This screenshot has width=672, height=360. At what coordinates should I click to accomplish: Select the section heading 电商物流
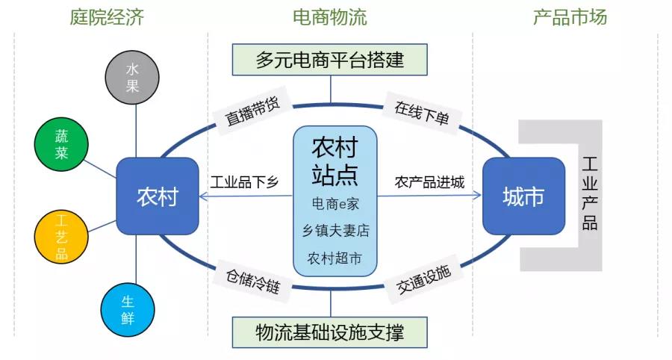329,17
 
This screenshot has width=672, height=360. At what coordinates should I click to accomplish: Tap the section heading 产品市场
570,17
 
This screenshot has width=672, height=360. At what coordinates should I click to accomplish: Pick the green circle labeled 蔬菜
62,143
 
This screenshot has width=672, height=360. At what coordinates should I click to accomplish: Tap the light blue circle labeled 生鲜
128,309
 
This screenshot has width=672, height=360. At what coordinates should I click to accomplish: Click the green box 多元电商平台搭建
329,60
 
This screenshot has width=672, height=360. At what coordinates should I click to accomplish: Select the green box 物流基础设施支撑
329,332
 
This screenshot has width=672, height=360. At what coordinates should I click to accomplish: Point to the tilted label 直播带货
252,112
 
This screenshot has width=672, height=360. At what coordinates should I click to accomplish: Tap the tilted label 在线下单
422,112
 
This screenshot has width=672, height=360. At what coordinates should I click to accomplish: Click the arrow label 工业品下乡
243,182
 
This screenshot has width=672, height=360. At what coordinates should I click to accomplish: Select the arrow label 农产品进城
429,182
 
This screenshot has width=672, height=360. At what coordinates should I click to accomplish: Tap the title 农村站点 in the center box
334,160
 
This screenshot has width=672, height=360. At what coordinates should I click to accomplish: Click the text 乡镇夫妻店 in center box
335,231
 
